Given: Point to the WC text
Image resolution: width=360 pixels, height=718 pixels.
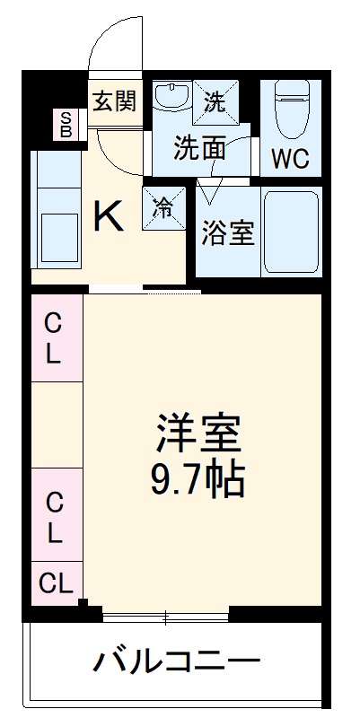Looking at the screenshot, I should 290,159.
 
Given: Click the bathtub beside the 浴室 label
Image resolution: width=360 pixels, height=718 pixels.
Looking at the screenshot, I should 290,232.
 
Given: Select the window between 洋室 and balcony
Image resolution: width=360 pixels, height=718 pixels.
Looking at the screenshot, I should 166,617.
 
